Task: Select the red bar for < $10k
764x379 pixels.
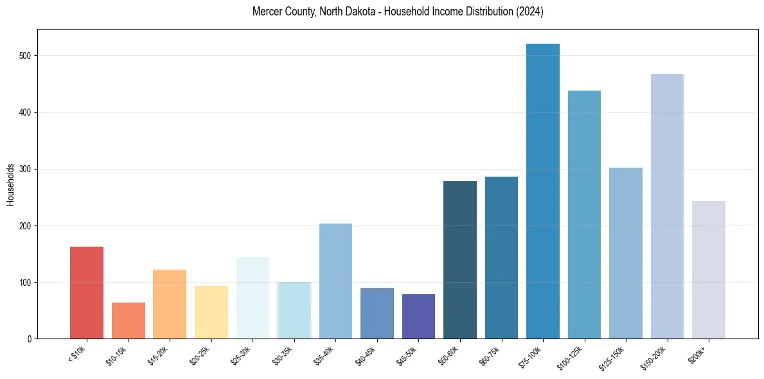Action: point(87,292)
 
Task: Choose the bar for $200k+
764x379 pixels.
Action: point(709,270)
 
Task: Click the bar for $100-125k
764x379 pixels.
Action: point(584,215)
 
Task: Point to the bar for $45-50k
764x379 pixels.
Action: point(418,316)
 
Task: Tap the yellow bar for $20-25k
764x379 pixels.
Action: point(211,312)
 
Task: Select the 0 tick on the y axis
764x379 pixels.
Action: point(30,339)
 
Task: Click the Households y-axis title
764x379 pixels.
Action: point(10,184)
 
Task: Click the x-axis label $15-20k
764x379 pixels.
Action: point(158,354)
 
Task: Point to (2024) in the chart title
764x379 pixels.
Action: point(529,12)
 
